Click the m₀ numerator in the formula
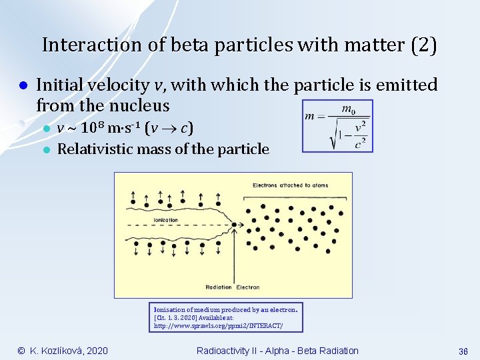347,109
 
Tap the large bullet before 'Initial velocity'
22,86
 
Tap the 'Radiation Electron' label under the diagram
233,287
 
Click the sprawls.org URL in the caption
218,326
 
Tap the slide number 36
463,351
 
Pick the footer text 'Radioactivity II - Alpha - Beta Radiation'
277,351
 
